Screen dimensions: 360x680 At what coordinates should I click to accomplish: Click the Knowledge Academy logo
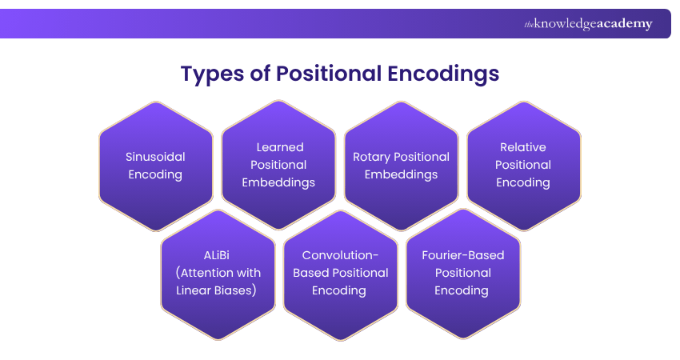(x=588, y=24)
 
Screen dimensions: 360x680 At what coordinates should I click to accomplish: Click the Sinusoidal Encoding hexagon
(x=155, y=166)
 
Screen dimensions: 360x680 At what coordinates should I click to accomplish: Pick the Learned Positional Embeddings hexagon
(x=278, y=166)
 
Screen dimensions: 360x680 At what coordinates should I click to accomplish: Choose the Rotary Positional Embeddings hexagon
(x=401, y=166)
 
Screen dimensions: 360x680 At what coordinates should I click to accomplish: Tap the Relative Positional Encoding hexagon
(x=523, y=166)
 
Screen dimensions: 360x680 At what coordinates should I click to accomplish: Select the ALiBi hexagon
(x=217, y=273)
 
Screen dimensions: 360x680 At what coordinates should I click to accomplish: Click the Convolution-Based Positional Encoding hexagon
(x=339, y=273)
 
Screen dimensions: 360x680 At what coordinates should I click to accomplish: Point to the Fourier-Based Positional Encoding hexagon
(x=462, y=273)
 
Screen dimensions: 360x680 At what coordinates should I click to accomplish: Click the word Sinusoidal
(x=155, y=157)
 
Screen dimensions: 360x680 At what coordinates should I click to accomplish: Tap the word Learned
(x=280, y=147)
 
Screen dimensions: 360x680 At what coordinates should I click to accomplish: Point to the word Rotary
(x=371, y=157)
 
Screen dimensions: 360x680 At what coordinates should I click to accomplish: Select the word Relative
(x=523, y=147)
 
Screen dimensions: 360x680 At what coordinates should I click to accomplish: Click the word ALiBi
(x=217, y=255)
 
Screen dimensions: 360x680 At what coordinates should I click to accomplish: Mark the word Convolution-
(x=339, y=255)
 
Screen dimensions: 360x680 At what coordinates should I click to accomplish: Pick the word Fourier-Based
(x=462, y=255)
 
